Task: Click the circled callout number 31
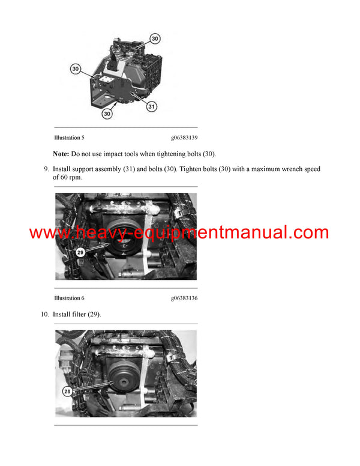pos(152,106)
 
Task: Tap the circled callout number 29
pos(80,253)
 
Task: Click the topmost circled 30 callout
pos(155,38)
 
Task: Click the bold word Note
pos(61,154)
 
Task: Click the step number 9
pos(46,169)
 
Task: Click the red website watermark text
pos(179,233)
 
